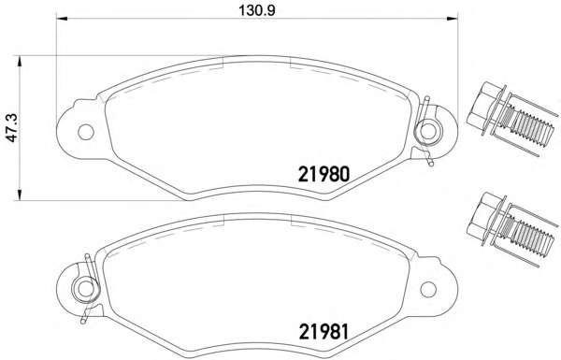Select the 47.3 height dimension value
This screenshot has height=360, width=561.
pyautogui.click(x=10, y=129)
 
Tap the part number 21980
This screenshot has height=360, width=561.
pyautogui.click(x=323, y=174)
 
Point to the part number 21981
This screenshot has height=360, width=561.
pyautogui.click(x=323, y=331)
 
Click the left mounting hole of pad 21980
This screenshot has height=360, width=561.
pyautogui.click(x=84, y=130)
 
